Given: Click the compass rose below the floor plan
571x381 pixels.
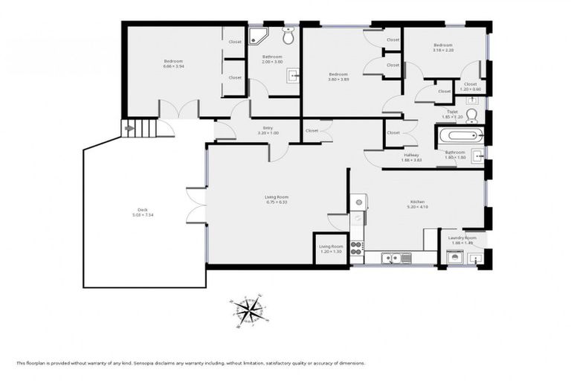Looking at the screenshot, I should (x=250, y=311).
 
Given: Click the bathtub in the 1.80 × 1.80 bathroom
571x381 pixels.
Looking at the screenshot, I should (x=459, y=136).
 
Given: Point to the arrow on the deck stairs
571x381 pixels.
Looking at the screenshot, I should (x=131, y=128).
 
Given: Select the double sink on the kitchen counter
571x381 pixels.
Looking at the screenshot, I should (x=391, y=258).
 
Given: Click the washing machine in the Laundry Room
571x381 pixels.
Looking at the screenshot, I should (x=454, y=257).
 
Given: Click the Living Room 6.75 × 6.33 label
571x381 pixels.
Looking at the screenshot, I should (x=276, y=199).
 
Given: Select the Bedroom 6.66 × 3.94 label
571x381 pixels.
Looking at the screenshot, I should (x=173, y=64).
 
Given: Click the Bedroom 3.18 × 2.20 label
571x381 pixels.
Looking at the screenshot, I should (x=443, y=48).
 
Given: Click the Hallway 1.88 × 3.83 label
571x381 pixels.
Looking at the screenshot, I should (x=411, y=158).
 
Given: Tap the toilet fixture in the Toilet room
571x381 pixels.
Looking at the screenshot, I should (x=471, y=115).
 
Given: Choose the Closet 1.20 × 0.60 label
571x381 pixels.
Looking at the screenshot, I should (x=471, y=86).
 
